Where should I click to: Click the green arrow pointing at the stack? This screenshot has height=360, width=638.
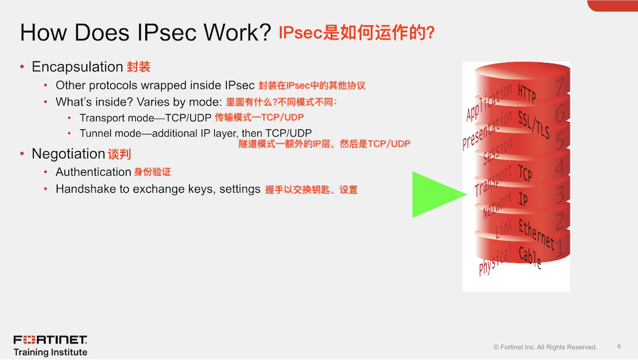coord(435,194)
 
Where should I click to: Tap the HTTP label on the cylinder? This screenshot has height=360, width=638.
coord(527,92)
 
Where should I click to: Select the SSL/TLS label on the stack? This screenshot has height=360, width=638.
coord(533,124)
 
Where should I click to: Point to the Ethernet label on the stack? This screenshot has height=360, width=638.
coord(537,233)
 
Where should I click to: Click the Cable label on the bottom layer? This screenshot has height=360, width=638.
coord(530,257)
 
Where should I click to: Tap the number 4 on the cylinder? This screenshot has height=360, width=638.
coord(560,166)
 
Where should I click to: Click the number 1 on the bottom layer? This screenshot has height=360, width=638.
coord(561,248)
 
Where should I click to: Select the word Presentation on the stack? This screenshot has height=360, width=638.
coord(487,130)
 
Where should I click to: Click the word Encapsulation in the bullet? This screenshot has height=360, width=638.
coord(78,67)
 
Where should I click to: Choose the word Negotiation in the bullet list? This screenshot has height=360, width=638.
coord(68,154)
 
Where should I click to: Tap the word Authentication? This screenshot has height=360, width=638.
coord(93,172)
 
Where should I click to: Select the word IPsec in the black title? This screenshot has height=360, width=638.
coord(167,32)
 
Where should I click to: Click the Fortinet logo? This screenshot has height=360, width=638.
coord(50,339)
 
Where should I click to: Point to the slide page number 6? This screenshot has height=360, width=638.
coord(619,347)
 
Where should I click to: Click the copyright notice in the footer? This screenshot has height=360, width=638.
coord(545,347)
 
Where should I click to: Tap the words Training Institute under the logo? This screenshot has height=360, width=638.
coord(50,352)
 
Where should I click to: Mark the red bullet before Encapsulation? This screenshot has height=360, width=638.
coord(22,66)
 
